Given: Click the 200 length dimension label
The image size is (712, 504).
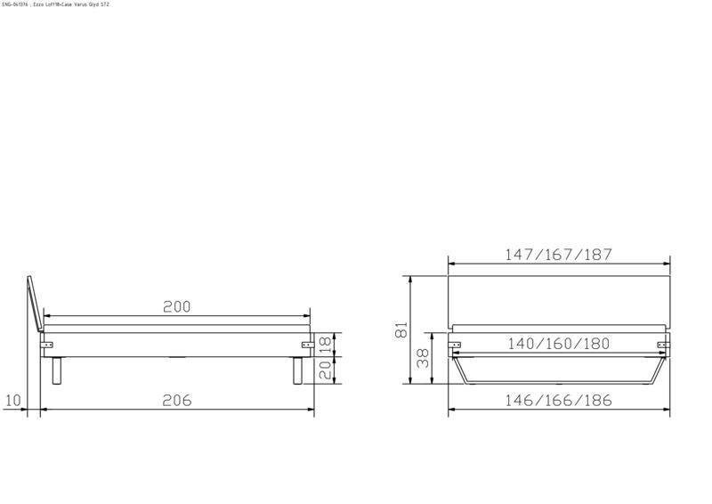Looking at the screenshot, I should point(177,306).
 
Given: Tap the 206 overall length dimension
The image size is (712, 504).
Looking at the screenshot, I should point(178,401).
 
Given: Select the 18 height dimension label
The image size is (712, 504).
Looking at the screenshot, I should point(326,343).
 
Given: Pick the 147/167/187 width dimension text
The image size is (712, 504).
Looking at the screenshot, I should point(558,255).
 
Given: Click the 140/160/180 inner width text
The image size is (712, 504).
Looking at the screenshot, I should point(558,344).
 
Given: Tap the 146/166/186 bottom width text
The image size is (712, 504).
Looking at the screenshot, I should point(558,401).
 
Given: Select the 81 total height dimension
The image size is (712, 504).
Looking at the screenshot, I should point(402,330).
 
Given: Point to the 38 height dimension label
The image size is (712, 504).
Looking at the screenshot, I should point(424,358).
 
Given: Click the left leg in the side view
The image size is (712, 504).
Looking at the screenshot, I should point(58,370).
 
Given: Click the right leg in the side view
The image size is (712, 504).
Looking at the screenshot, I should point(296,370).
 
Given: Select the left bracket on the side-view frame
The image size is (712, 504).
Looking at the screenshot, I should point(48,345).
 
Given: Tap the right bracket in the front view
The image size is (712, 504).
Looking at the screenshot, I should point(661,344).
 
